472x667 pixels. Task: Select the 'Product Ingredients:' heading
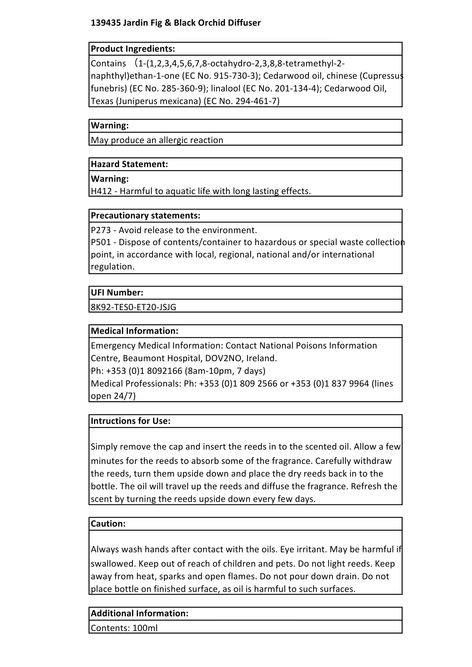click(133, 49)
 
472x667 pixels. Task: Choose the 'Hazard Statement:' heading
click(129, 164)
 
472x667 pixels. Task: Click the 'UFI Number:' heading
click(117, 292)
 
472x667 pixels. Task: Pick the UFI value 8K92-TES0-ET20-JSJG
click(133, 307)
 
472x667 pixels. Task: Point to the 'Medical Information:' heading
click(135, 331)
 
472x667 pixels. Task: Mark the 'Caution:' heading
click(108, 524)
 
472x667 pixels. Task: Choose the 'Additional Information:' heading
click(140, 613)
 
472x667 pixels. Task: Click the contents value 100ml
click(145, 628)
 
